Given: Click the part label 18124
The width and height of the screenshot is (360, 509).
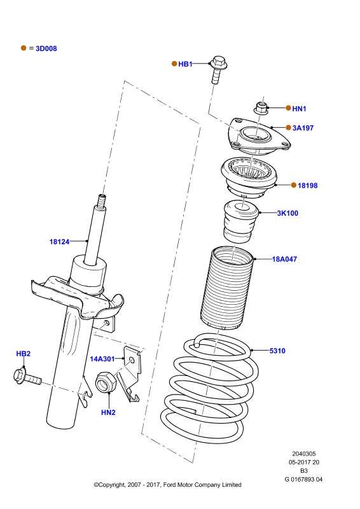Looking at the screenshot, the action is click(59, 242).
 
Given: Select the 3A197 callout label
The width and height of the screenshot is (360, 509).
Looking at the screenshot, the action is click(303, 128).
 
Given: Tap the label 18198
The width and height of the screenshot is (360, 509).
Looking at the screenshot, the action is click(307, 185).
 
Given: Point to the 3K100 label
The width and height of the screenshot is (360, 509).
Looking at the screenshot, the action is click(287, 213).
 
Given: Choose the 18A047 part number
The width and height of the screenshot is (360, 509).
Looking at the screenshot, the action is click(284, 259).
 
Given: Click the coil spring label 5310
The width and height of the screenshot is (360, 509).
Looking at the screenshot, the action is click(277, 351).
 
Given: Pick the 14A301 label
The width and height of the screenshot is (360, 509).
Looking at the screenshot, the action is click(102, 359).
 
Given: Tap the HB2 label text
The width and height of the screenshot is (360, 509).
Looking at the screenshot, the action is click(24, 354).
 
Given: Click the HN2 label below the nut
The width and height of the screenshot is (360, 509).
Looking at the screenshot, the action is click(108, 412).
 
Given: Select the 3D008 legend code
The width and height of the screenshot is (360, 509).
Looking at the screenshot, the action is click(46, 48).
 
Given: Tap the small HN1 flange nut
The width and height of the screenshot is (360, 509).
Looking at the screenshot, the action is click(261, 108).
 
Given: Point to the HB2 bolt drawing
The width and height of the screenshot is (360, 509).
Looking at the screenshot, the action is click(27, 377).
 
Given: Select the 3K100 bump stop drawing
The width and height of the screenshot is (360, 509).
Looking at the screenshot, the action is click(240, 221).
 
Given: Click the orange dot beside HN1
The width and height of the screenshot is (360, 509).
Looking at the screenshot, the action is click(288, 108).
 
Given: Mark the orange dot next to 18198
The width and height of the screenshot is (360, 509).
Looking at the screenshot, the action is click(294, 185).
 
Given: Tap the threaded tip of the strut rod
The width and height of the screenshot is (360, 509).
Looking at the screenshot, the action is click(102, 200).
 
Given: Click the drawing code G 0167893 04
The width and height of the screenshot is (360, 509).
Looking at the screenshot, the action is click(303, 479).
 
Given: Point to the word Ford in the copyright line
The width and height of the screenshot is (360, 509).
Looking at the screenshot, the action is click(169, 485).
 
